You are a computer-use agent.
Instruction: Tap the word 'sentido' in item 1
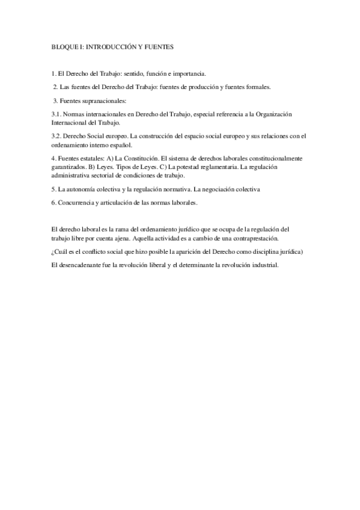coord(127,74)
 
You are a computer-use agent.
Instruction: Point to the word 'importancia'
coord(188,74)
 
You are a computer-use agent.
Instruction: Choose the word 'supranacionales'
coord(97,100)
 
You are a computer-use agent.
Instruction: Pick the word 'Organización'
coord(285,113)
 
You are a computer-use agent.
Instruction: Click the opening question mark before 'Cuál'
coord(53,251)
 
